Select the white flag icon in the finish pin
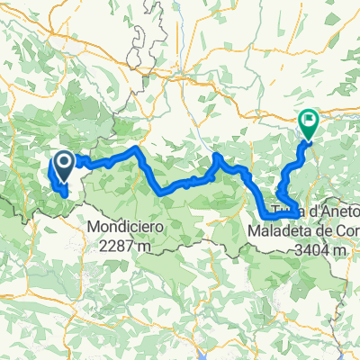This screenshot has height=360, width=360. [x=309, y=118]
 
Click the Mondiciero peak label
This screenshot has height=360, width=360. [x=126, y=228]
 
